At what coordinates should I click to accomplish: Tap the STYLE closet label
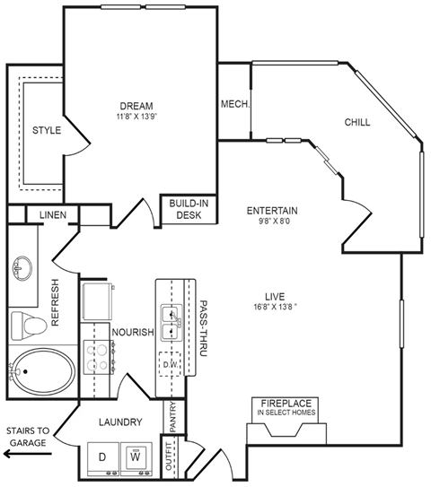[47, 130]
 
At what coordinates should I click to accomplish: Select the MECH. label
[234, 104]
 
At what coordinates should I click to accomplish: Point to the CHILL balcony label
[356, 123]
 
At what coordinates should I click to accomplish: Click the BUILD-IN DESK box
[189, 208]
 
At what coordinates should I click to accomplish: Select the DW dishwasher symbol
[168, 365]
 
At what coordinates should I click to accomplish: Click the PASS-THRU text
[204, 328]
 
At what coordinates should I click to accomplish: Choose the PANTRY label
[173, 416]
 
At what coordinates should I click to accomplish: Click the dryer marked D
[102, 457]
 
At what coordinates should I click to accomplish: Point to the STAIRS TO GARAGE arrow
[27, 454]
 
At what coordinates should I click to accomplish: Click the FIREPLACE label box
[288, 407]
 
